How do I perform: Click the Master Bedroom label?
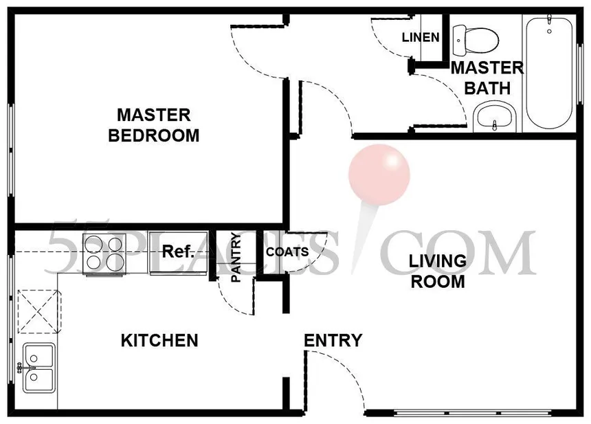[154, 125]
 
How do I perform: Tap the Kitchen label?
[159, 340]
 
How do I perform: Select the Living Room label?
[438, 271]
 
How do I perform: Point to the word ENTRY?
[333, 340]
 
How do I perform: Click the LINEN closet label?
[421, 37]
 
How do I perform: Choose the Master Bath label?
[487, 78]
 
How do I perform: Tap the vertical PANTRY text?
[236, 257]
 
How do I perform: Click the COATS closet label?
[287, 252]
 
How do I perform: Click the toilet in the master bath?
[476, 40]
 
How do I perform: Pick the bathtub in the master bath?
[549, 71]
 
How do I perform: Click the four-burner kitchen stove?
[104, 254]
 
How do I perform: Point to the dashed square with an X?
[38, 311]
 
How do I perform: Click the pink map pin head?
[379, 175]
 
